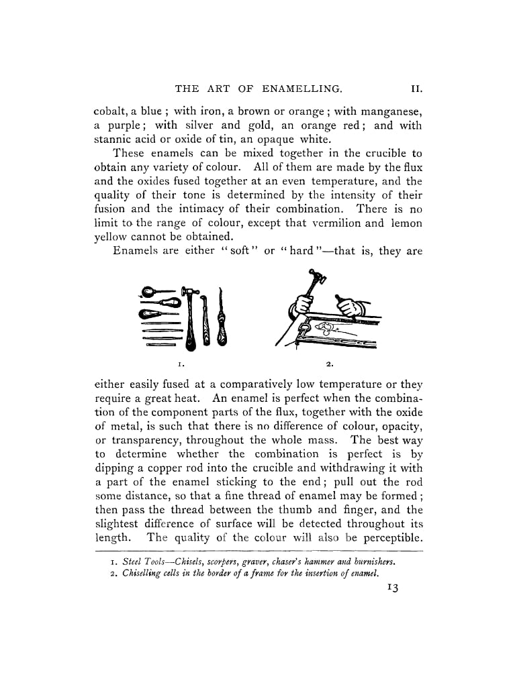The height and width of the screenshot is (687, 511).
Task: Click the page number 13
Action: pyautogui.click(x=393, y=588)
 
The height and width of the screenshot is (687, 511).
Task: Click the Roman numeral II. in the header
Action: pyautogui.click(x=415, y=88)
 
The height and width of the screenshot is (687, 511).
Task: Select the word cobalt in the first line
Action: pyautogui.click(x=109, y=110)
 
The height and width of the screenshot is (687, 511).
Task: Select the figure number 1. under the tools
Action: pyautogui.click(x=181, y=364)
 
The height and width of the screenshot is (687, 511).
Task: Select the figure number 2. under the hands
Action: pyautogui.click(x=330, y=364)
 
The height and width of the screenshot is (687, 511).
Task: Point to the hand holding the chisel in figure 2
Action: pyautogui.click(x=349, y=308)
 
